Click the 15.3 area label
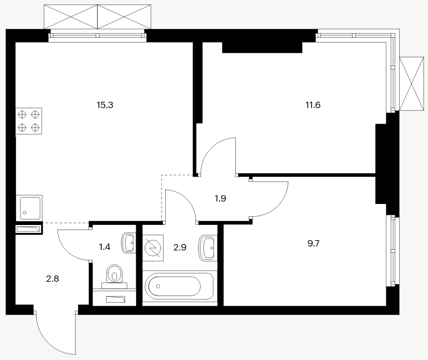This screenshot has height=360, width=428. [x=105, y=105]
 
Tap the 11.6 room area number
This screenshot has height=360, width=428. [x=313, y=105]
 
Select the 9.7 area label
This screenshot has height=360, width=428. [x=314, y=244]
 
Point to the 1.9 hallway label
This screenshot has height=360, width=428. [x=220, y=199]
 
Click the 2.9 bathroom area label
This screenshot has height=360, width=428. [x=180, y=247]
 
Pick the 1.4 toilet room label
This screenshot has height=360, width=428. [x=104, y=247]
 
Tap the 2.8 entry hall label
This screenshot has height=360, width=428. [x=52, y=279]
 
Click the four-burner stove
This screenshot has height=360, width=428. [x=29, y=121]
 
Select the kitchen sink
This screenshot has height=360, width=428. [x=29, y=207]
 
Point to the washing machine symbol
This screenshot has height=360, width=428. [x=153, y=248]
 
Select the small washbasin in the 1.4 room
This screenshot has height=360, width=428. [x=128, y=242]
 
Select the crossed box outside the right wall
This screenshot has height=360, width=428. [x=412, y=84]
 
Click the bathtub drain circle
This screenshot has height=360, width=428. [x=158, y=286]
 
